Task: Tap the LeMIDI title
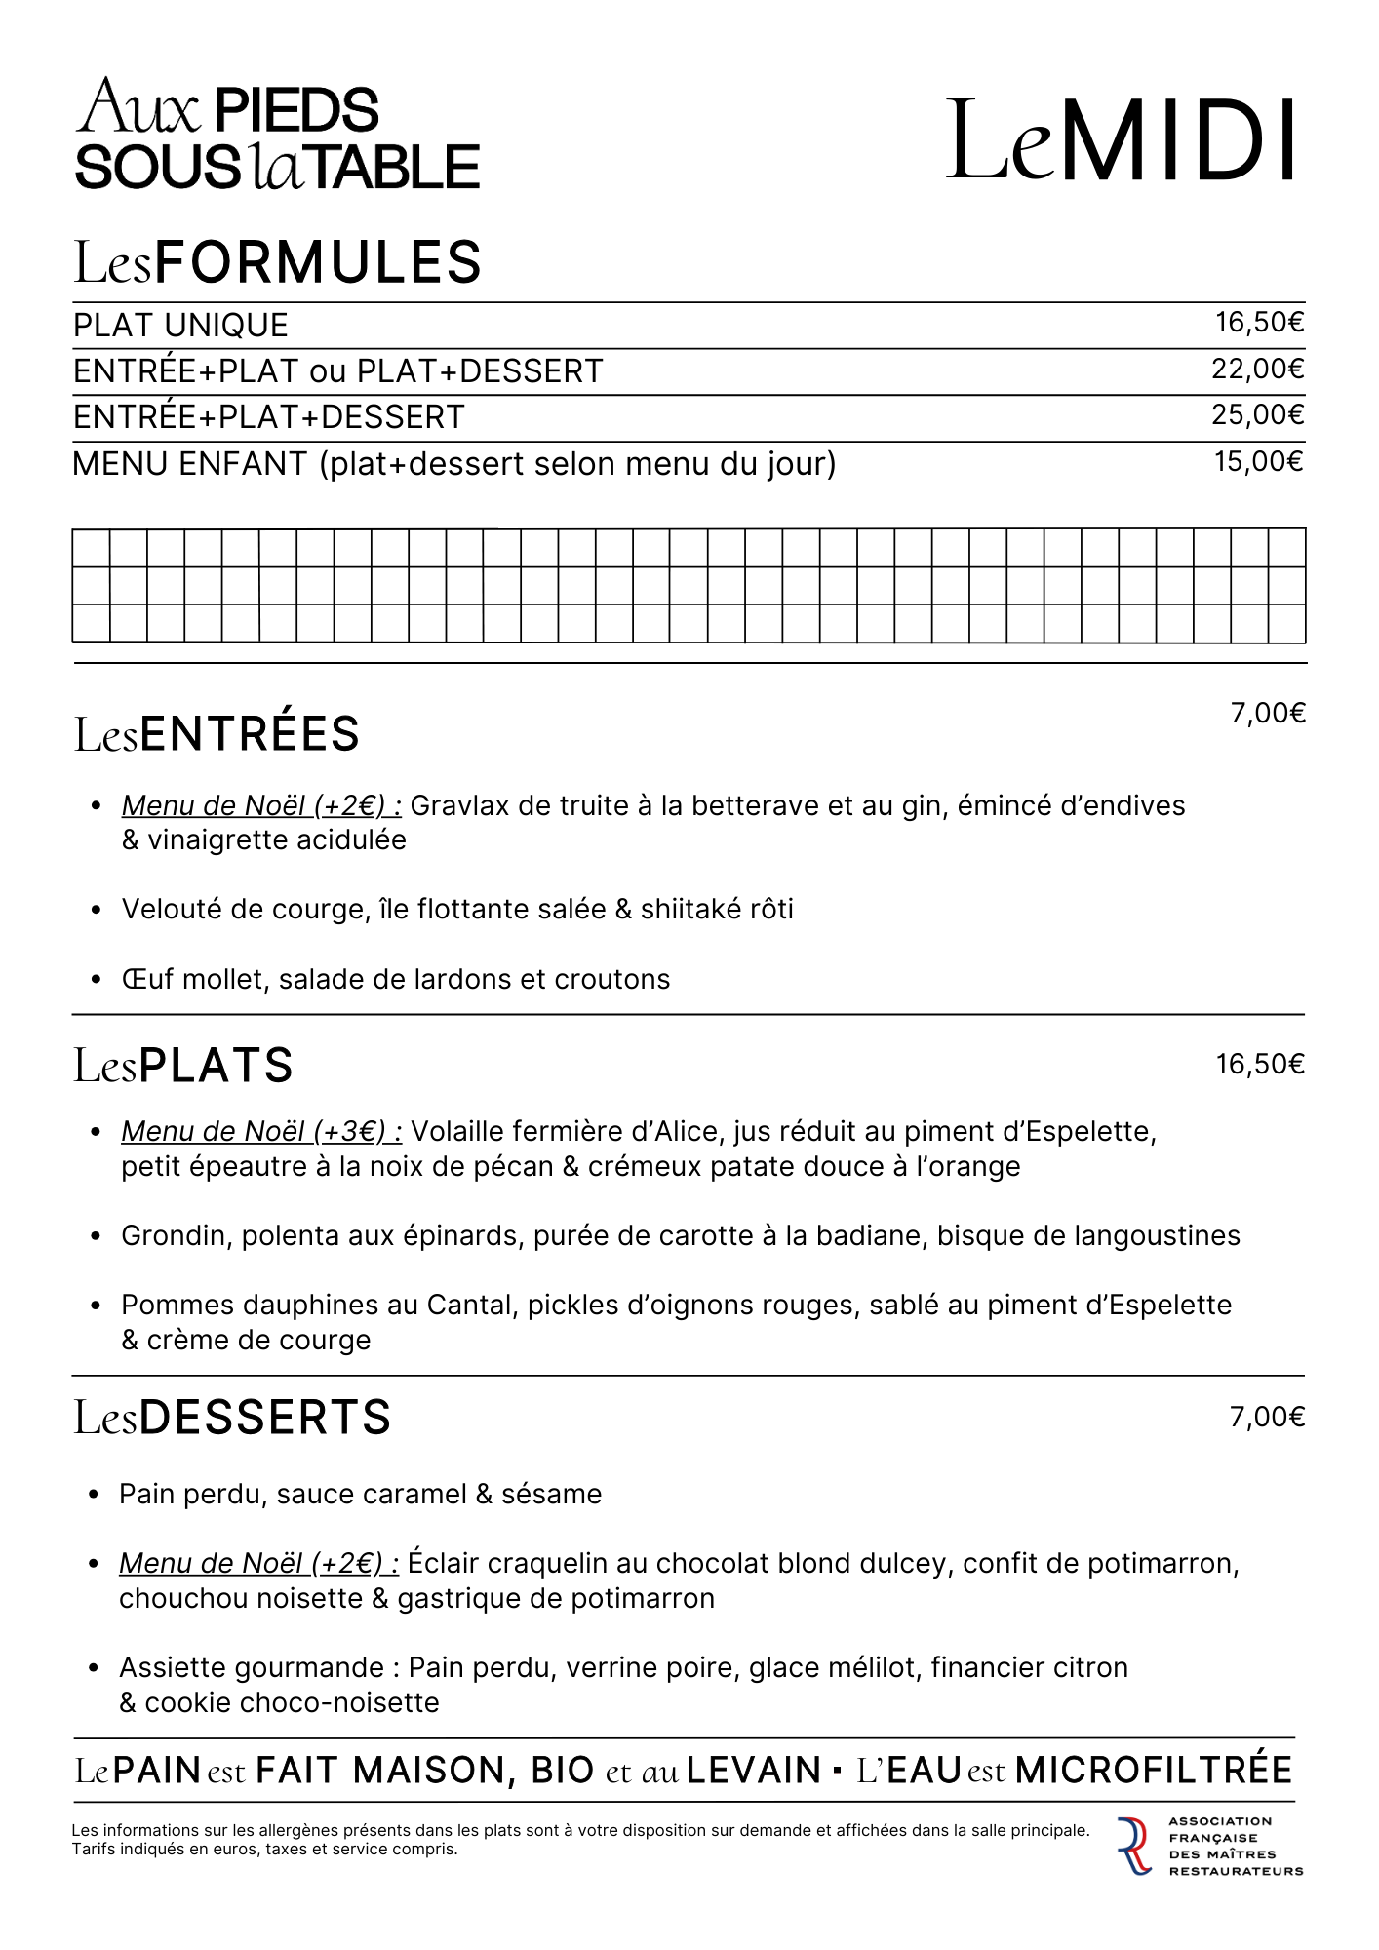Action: [x=1122, y=140]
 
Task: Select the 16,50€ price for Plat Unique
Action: [x=1259, y=323]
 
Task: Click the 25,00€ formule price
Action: [x=1258, y=415]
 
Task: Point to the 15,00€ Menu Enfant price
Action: [x=1258, y=461]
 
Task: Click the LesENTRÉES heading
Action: [x=217, y=734]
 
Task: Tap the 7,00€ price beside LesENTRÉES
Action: [x=1267, y=714]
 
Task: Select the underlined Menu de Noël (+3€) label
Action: [x=261, y=1132]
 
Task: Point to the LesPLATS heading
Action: [x=183, y=1065]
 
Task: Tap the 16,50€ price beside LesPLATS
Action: [x=1259, y=1065]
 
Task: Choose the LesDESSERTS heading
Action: [x=232, y=1418]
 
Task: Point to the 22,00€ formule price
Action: [x=1258, y=370]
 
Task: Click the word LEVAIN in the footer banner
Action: [x=754, y=1770]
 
